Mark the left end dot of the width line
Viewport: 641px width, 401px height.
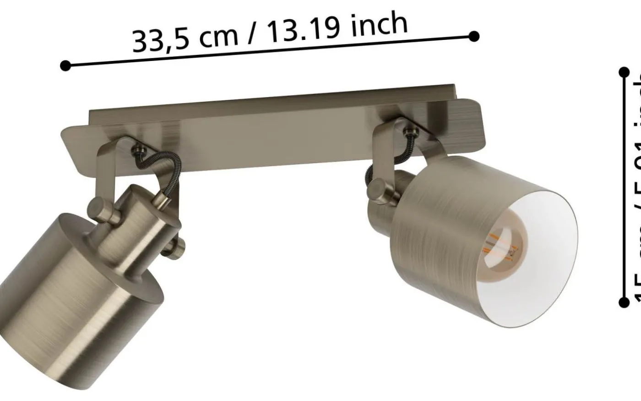click(x=65, y=66)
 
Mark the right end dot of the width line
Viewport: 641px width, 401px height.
click(x=475, y=36)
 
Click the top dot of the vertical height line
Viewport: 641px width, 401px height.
click(x=623, y=72)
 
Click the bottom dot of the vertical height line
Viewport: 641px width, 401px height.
click(x=623, y=302)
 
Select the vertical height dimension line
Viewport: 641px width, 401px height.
click(x=623, y=183)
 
